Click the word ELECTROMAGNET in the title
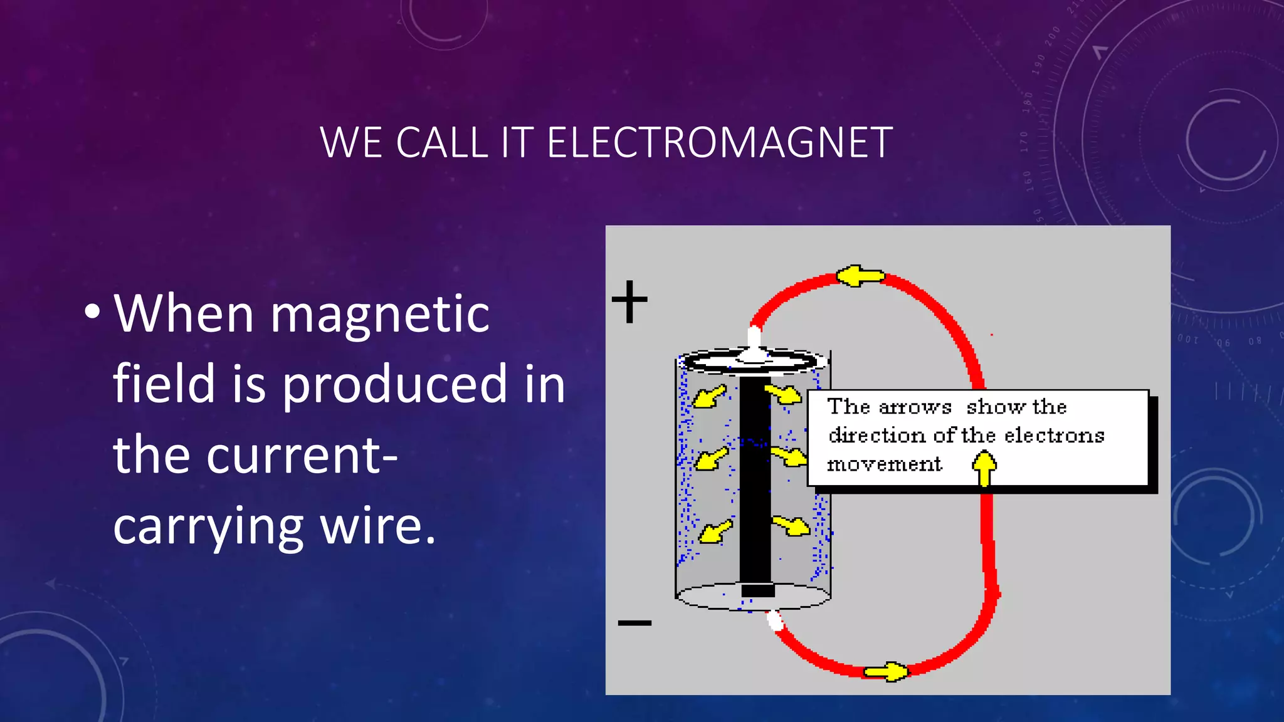coord(720,143)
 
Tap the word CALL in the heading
coord(441,143)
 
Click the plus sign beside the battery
coord(629,301)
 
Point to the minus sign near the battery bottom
coord(634,622)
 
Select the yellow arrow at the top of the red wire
coord(860,276)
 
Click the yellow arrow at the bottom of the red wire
coord(886,672)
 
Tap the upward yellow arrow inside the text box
coord(984,468)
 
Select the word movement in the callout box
coord(884,464)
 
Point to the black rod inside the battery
coord(755,483)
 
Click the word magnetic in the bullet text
coord(380,314)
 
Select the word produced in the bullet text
coord(394,384)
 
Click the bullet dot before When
coord(92,311)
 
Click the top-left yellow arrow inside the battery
coord(710,396)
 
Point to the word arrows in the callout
coord(915,407)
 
